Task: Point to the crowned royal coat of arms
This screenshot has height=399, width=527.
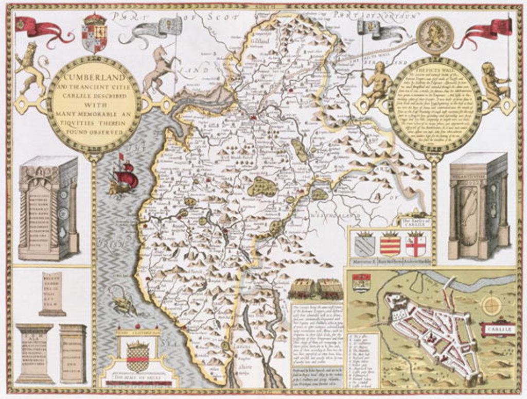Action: (x=94, y=33)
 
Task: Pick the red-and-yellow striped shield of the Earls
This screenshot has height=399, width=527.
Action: (x=390, y=243)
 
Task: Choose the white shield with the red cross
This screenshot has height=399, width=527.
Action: (x=415, y=244)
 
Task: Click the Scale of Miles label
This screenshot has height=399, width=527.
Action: (x=137, y=381)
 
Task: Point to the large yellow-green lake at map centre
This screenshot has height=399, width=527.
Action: (x=262, y=187)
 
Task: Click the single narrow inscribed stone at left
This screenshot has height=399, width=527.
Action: (x=52, y=293)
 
